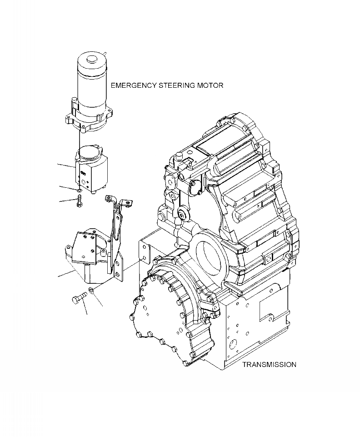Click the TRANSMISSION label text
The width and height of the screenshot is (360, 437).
(269, 365)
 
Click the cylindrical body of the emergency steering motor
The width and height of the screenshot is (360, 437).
(93, 86)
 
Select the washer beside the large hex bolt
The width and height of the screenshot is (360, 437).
(91, 291)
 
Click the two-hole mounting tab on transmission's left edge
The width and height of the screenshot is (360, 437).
(145, 253)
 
